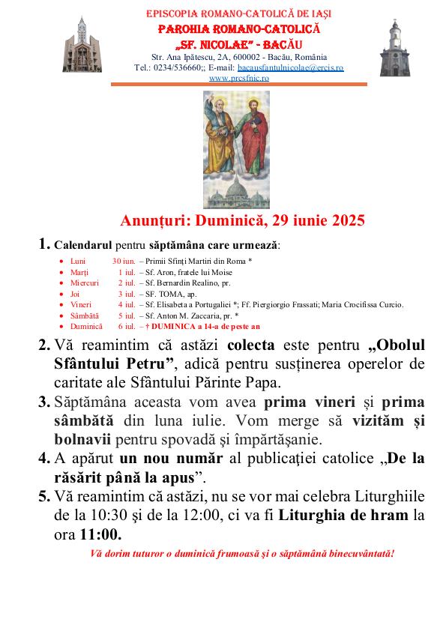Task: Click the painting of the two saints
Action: click(x=236, y=150)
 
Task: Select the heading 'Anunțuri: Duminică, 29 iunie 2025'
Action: click(x=242, y=220)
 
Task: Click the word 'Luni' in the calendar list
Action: click(x=78, y=261)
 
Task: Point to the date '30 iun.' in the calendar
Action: click(x=124, y=261)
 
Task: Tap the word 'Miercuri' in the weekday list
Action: click(x=85, y=283)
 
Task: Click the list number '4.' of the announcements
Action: click(x=44, y=456)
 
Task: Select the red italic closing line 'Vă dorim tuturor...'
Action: click(x=242, y=554)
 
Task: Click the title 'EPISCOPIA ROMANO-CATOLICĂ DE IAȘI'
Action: click(x=239, y=14)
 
